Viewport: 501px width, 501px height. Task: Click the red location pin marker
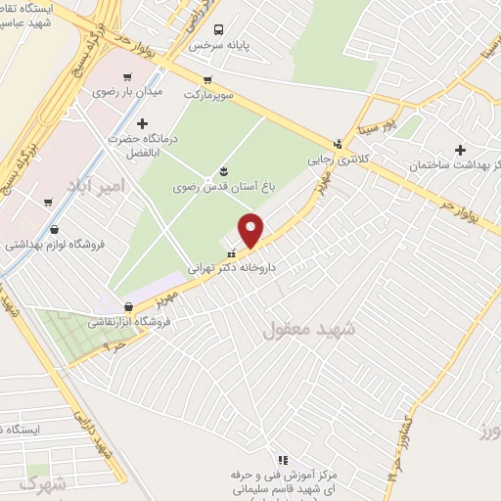(x=251, y=230)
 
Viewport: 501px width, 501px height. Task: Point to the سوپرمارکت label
(x=206, y=98)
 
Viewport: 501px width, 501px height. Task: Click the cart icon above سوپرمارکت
(x=206, y=81)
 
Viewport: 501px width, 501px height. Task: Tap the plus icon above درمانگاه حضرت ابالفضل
(x=143, y=123)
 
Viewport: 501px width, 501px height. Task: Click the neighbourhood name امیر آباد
(x=96, y=185)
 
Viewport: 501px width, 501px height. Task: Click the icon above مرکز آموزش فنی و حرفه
(x=283, y=459)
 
